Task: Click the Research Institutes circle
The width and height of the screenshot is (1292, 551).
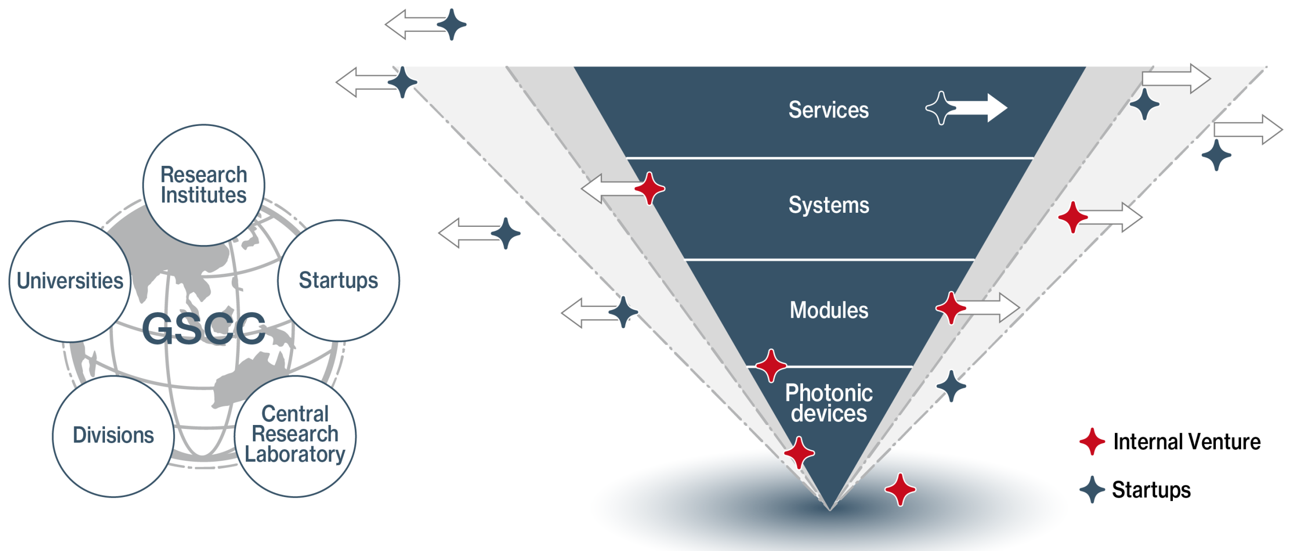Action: [x=203, y=185]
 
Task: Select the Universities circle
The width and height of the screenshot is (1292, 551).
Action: [x=70, y=281]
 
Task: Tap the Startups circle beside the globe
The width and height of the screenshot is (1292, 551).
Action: [x=338, y=280]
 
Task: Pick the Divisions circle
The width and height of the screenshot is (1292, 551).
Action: [x=113, y=436]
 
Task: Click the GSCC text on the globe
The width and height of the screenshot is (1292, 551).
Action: [x=203, y=329]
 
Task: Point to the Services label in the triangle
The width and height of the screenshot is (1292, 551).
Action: [x=828, y=110]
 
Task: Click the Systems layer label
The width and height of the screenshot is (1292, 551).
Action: [x=829, y=205]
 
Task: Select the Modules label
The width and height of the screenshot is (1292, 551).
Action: [x=829, y=310]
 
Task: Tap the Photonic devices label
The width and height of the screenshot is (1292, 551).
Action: [x=828, y=403]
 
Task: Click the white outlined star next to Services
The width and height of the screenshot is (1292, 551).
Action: [x=941, y=108]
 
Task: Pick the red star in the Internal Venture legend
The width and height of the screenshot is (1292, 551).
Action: [x=1092, y=442]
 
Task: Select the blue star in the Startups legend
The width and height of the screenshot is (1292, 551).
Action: [x=1092, y=489]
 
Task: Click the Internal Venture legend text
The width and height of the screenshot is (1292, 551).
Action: [x=1187, y=442]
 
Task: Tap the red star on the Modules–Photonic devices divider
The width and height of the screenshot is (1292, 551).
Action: [x=771, y=365]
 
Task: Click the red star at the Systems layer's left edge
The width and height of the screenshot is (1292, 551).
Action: [x=650, y=189]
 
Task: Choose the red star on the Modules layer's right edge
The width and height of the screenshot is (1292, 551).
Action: [x=951, y=308]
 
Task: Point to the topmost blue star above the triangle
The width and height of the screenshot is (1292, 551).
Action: [x=451, y=24]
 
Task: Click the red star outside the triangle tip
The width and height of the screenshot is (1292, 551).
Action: [x=900, y=489]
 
